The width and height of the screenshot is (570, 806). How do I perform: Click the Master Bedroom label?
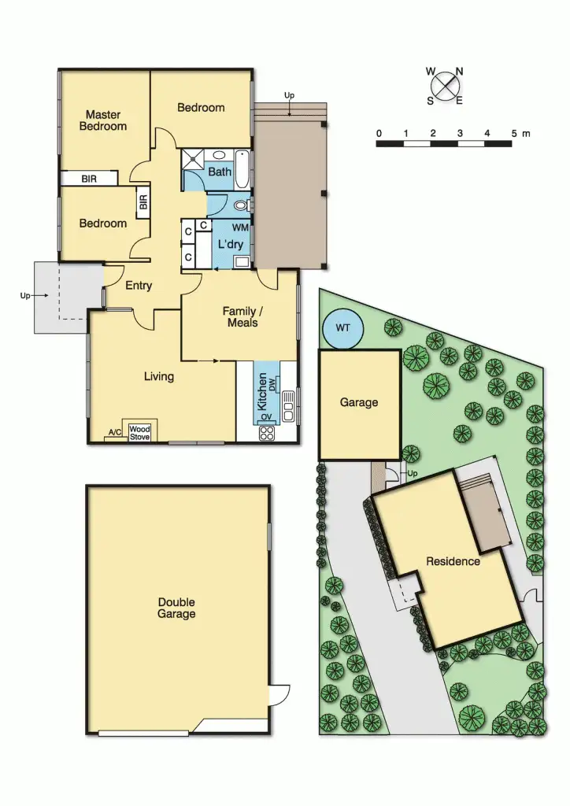click(x=103, y=120)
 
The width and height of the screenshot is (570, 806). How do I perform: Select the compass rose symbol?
click(x=446, y=85)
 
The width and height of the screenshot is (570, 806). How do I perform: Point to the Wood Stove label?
click(x=139, y=432)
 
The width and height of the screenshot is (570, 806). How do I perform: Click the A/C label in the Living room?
click(x=113, y=433)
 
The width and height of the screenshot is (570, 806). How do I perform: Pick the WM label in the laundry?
click(x=240, y=227)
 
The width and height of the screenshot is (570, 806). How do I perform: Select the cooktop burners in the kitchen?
click(x=266, y=431)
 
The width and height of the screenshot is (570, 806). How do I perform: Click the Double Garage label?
click(x=176, y=608)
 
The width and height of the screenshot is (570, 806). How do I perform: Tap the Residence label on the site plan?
click(x=453, y=561)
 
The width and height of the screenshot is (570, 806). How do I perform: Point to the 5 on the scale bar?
click(x=514, y=133)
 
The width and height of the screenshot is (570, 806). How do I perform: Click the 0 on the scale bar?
click(x=379, y=133)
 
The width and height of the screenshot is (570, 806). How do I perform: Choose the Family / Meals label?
click(x=240, y=316)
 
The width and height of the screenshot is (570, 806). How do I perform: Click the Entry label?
click(x=138, y=286)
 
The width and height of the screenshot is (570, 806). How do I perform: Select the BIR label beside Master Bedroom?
click(x=89, y=179)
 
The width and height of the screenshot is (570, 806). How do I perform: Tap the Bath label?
click(x=220, y=171)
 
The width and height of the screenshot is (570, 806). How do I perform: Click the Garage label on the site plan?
click(x=359, y=402)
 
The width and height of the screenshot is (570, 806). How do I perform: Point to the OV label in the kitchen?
click(x=266, y=416)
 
